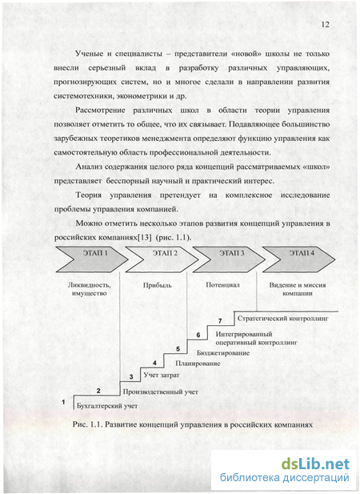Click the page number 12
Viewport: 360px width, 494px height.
point(325,25)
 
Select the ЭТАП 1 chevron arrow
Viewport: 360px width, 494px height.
point(92,259)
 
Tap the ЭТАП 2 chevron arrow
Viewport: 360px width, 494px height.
point(162,259)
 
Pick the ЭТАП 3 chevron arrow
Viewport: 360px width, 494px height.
point(230,259)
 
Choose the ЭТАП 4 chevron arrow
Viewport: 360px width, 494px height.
point(299,259)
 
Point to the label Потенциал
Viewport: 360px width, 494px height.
point(222,285)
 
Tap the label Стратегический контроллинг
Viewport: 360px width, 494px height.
point(283,319)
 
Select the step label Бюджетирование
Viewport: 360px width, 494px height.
point(223,353)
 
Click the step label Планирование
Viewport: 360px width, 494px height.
point(198,363)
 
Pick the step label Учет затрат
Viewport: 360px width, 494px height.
point(162,376)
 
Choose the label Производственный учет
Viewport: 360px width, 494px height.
point(160,392)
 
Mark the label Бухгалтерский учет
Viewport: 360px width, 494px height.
point(107,406)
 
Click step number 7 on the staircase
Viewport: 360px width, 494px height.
point(220,321)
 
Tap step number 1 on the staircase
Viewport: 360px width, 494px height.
point(63,402)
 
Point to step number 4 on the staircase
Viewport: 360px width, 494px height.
point(154,363)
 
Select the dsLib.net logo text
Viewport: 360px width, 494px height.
point(315,464)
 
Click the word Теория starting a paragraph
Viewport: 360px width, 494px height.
point(89,195)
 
